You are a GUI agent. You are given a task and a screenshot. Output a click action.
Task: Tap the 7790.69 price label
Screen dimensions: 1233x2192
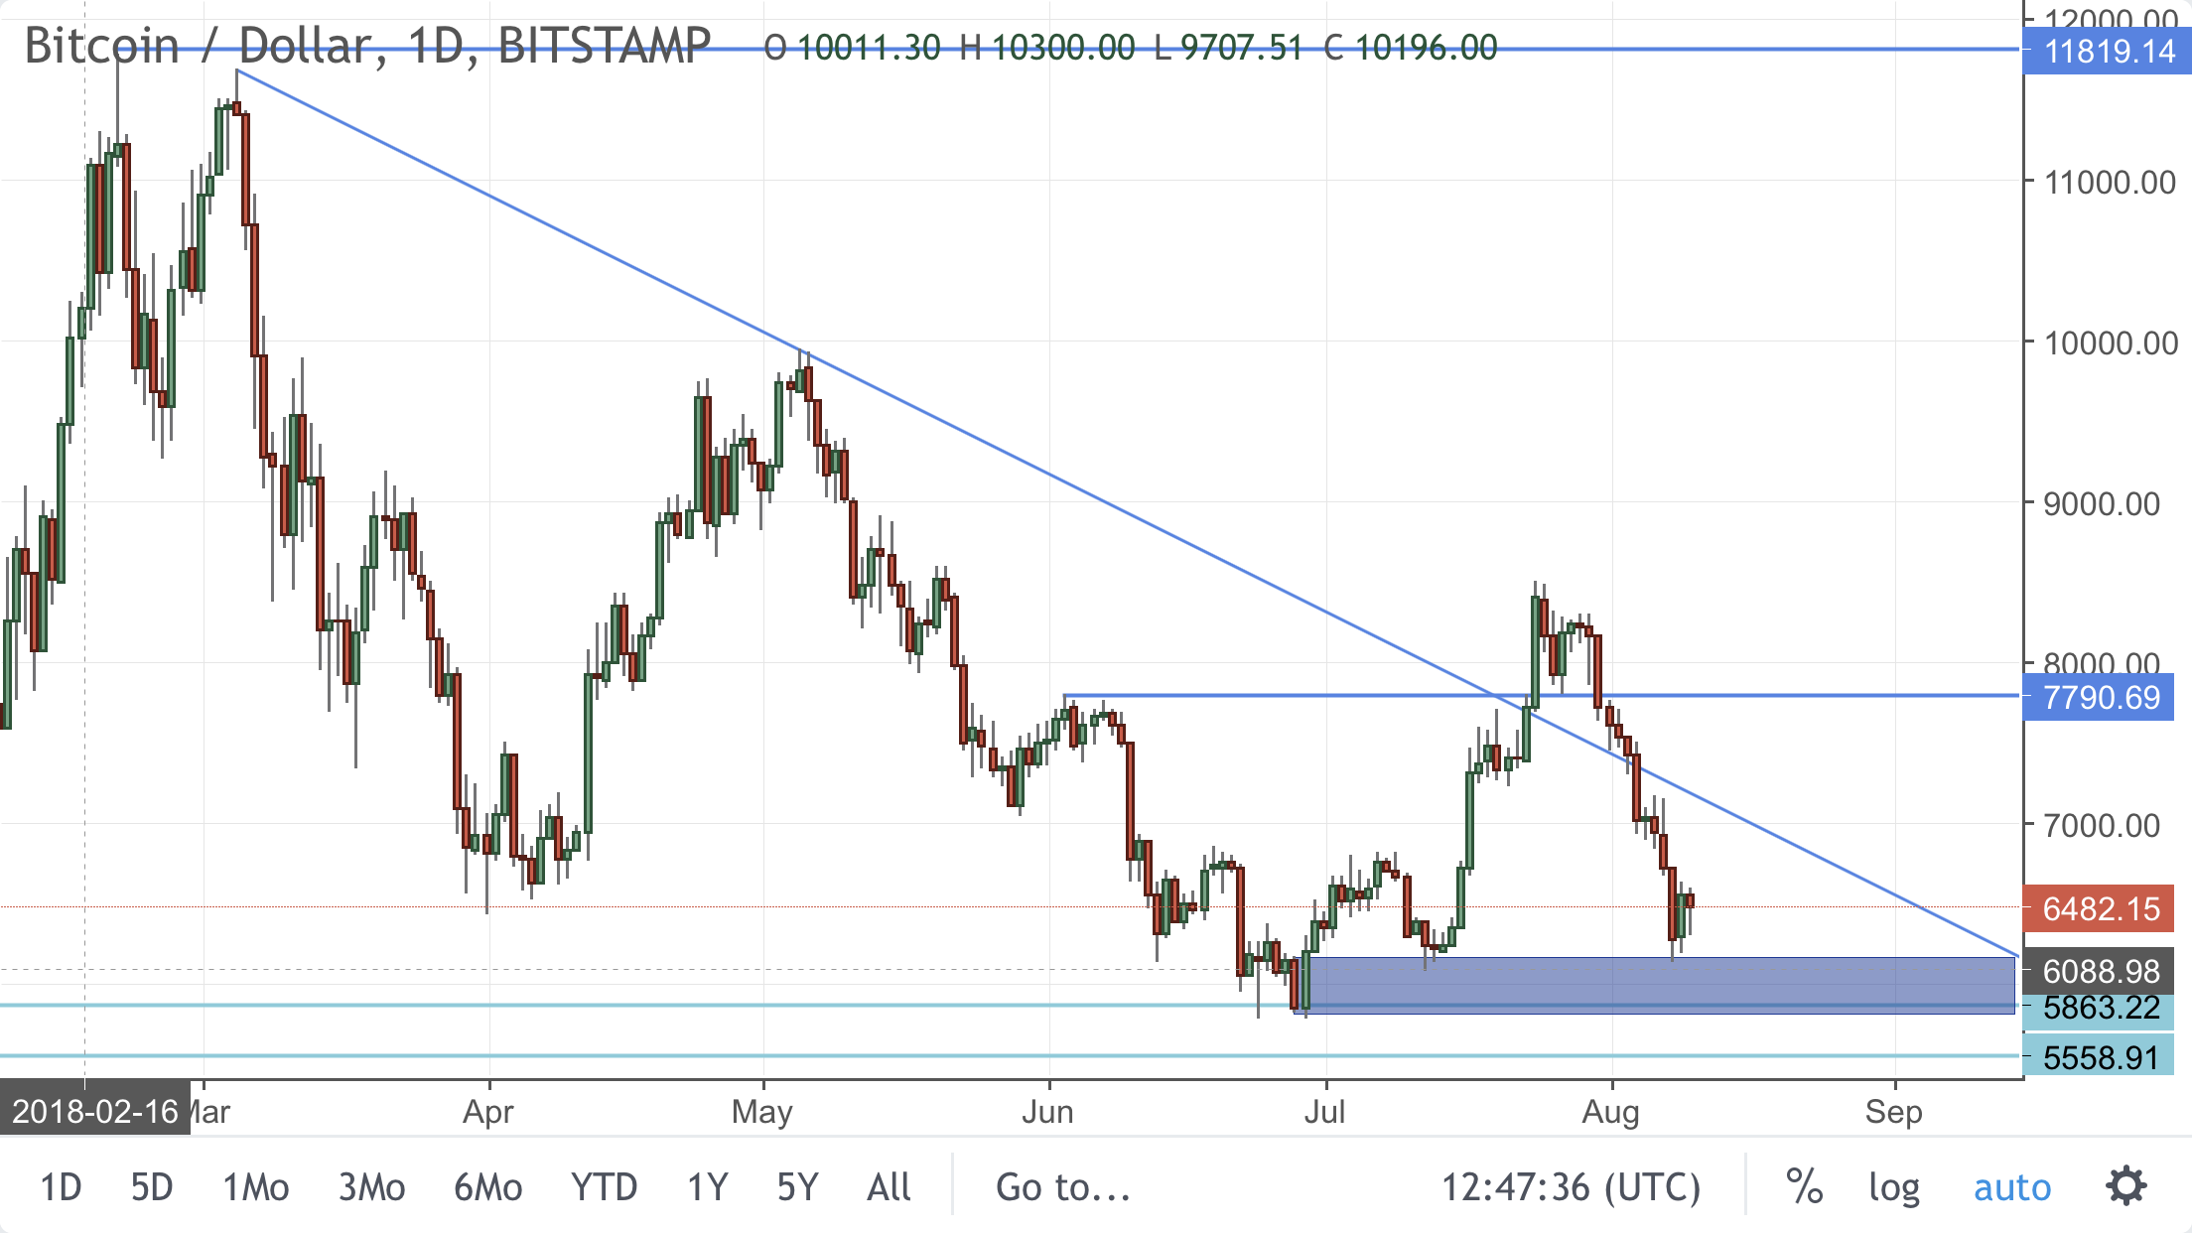click(2101, 698)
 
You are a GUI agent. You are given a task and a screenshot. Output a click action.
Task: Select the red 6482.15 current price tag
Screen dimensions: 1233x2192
click(2101, 908)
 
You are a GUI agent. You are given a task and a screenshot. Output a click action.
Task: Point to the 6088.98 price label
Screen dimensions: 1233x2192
click(2101, 971)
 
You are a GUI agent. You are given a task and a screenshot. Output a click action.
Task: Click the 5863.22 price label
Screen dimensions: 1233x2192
click(2101, 1009)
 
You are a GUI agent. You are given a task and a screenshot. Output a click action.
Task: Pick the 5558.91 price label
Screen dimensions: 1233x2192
click(2101, 1058)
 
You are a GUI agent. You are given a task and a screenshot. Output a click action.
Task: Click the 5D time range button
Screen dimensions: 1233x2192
click(152, 1187)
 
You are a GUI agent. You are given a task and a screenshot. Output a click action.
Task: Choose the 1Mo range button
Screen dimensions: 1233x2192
click(255, 1187)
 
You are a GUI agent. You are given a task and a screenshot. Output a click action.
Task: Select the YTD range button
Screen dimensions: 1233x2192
click(604, 1187)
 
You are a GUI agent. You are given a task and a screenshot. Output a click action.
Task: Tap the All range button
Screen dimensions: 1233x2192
click(889, 1187)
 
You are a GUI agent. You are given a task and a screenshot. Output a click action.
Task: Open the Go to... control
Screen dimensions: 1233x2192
click(1063, 1187)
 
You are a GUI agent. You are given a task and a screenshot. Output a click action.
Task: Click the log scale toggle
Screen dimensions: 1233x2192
click(1894, 1187)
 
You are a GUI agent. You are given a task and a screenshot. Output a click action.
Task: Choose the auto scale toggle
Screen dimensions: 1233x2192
click(2011, 1187)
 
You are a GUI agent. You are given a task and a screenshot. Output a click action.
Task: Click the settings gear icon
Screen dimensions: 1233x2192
click(2126, 1186)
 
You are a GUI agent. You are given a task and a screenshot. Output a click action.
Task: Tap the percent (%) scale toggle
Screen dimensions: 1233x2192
click(1804, 1187)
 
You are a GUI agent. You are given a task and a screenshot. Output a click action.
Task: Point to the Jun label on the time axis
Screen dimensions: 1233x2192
click(1047, 1112)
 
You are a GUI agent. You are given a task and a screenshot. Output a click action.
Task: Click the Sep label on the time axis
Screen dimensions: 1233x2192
click(1893, 1112)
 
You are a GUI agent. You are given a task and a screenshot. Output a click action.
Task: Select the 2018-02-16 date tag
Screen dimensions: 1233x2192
click(95, 1111)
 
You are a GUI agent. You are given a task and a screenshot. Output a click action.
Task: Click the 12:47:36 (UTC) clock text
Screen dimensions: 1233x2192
click(1571, 1187)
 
